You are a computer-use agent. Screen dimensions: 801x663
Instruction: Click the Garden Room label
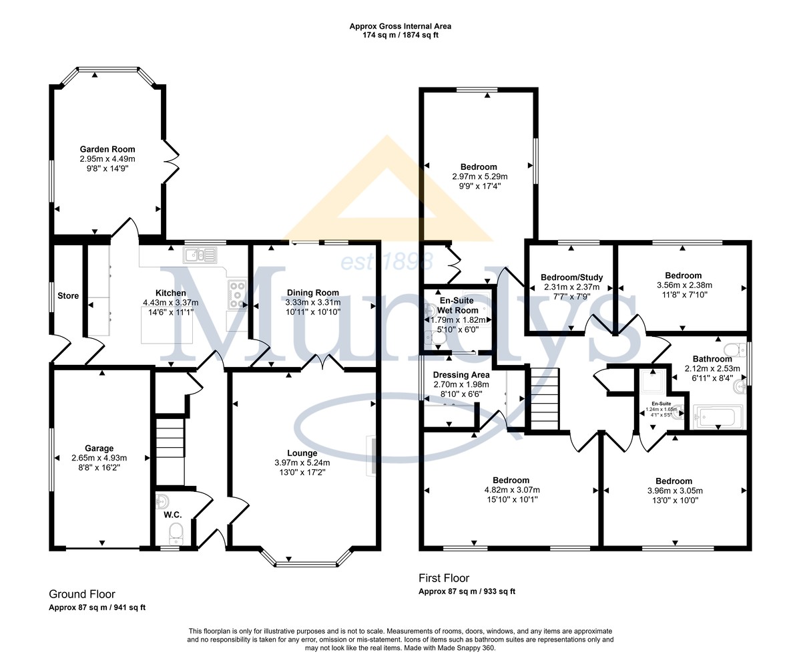point(107,149)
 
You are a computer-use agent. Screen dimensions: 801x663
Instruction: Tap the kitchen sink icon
point(200,255)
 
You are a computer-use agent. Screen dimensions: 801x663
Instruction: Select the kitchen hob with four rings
point(237,295)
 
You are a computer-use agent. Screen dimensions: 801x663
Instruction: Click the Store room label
point(68,296)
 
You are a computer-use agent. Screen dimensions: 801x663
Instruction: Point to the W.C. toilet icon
point(176,533)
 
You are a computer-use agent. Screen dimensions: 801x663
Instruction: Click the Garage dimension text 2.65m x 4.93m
point(99,458)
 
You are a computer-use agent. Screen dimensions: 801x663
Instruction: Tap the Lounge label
point(302,453)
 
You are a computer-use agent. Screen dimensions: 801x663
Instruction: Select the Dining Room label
point(313,293)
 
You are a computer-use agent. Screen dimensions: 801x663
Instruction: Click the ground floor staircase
point(170,452)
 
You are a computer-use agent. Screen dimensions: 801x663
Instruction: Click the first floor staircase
point(545,399)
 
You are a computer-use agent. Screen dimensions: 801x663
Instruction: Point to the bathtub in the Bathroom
point(718,417)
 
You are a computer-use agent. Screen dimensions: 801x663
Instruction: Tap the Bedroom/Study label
point(571,277)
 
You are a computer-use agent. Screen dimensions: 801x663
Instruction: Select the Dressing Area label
point(461,374)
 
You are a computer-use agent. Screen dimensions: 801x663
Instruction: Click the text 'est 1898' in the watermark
point(387,261)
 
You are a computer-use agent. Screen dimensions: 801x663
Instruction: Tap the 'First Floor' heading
point(444,577)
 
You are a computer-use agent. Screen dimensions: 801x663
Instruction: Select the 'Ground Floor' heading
point(82,594)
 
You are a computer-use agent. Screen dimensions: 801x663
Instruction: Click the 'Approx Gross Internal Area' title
point(400,27)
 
